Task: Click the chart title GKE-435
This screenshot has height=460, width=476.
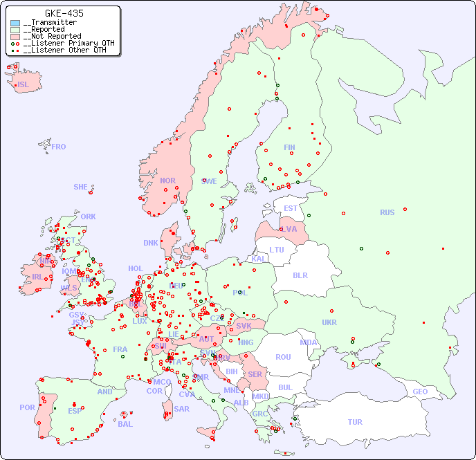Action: point(64,13)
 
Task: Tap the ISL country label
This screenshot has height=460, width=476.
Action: point(24,85)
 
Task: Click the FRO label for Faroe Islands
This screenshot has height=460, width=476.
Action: point(59,147)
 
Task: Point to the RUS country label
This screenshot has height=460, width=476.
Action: point(387,212)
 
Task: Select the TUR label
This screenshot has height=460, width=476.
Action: point(355,422)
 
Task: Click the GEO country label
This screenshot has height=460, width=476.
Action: point(420,392)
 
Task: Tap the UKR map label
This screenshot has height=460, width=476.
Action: point(329,322)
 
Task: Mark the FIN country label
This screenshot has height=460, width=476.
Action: point(289,147)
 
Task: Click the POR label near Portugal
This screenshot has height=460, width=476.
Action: point(27,407)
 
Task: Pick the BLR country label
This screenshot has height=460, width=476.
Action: point(300,275)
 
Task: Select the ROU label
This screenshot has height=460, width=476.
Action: point(283,357)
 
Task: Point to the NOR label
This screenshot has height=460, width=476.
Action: point(167,181)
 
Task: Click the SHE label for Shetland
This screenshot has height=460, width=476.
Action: point(81,187)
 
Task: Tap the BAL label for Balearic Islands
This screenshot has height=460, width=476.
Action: point(125,424)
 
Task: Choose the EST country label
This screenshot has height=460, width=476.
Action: point(291,208)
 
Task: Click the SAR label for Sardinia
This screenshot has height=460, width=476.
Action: point(181,409)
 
